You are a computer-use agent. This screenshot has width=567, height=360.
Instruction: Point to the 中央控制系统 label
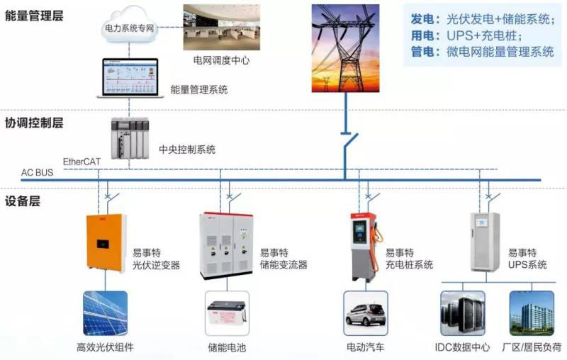point(187,150)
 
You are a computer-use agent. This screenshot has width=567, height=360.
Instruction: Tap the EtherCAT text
point(82,162)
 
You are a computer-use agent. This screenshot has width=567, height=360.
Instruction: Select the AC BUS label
point(38,173)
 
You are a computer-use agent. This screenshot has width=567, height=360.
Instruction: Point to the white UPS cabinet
point(484,241)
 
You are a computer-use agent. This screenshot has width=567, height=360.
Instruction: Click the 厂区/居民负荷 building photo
point(532,313)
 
